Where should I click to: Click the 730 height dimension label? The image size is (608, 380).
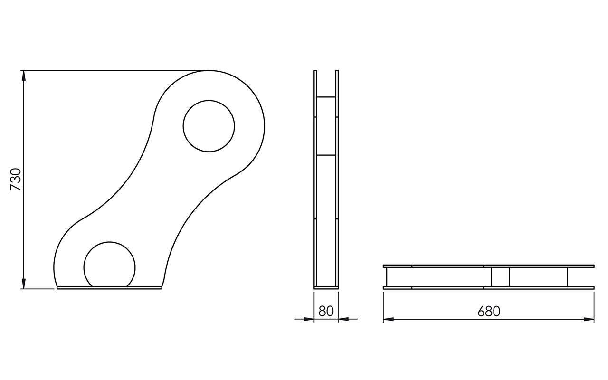click(16, 180)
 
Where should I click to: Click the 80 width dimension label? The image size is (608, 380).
click(326, 311)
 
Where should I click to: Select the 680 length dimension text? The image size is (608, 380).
click(489, 312)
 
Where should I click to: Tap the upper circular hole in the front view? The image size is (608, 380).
click(209, 126)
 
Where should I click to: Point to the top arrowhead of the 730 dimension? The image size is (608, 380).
click(24, 76)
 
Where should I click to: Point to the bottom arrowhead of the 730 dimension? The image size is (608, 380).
click(24, 284)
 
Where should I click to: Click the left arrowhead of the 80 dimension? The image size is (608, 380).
click(309, 319)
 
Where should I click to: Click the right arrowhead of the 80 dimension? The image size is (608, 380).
click(343, 319)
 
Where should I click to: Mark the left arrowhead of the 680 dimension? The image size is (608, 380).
click(389, 319)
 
